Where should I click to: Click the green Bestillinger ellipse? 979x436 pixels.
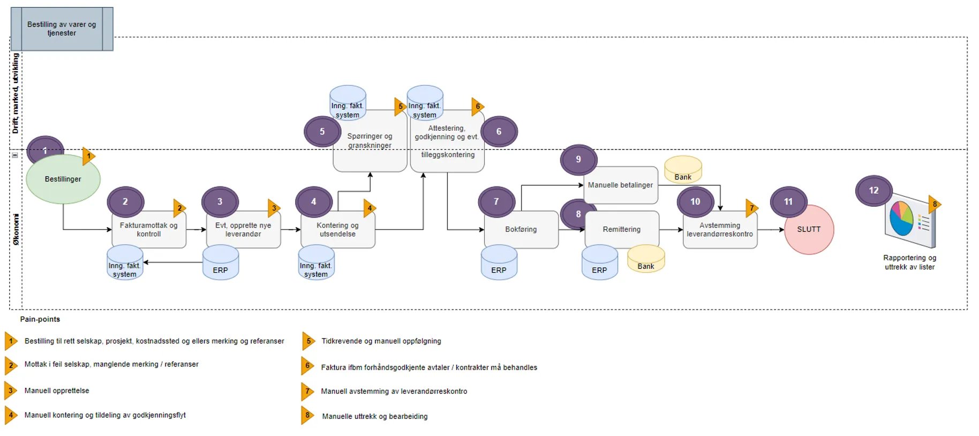(x=63, y=179)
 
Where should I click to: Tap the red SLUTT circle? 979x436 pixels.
(x=809, y=229)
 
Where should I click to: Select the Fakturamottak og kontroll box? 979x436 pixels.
(x=148, y=230)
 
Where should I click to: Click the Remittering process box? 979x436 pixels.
(x=621, y=229)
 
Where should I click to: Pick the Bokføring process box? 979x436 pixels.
(x=521, y=229)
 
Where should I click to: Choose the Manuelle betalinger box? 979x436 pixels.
(x=620, y=185)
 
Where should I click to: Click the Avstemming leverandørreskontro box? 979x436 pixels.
(x=720, y=230)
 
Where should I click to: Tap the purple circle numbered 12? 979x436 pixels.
(x=873, y=191)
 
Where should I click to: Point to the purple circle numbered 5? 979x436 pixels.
(x=322, y=132)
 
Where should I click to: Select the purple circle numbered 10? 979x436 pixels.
(x=695, y=202)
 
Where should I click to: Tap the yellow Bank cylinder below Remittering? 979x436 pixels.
(x=646, y=259)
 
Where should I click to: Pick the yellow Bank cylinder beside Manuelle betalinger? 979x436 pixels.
(x=683, y=170)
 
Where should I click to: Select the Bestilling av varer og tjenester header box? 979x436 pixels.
(x=62, y=29)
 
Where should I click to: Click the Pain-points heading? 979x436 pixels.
(x=40, y=319)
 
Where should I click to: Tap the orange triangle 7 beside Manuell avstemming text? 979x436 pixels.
(x=307, y=392)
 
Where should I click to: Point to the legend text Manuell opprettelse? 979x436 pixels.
(x=57, y=390)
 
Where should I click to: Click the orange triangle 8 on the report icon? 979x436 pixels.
(x=935, y=204)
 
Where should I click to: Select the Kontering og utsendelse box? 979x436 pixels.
(x=337, y=230)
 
